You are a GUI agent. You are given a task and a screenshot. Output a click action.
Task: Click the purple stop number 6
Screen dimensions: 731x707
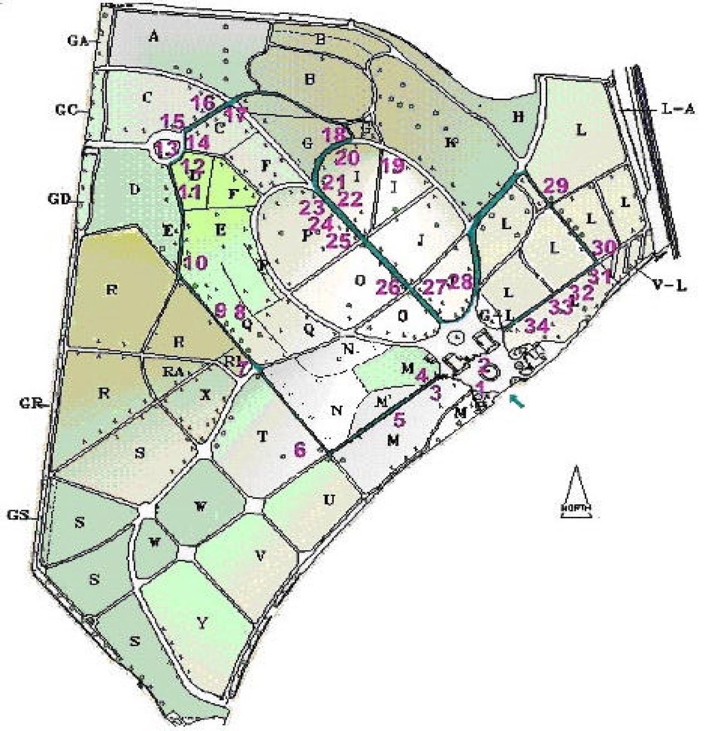pyautogui.click(x=300, y=449)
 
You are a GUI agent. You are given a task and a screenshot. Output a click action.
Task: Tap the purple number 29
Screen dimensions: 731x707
pyautogui.click(x=555, y=186)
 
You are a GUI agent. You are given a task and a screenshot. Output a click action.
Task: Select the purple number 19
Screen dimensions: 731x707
pyautogui.click(x=393, y=165)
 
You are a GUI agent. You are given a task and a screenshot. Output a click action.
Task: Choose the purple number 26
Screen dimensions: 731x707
pyautogui.click(x=388, y=287)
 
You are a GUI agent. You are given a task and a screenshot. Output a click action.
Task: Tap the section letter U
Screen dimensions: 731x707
pyautogui.click(x=329, y=500)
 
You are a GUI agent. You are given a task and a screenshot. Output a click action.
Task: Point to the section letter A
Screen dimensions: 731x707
pyautogui.click(x=154, y=37)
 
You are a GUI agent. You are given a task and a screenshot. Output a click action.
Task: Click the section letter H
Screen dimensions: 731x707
pyautogui.click(x=518, y=117)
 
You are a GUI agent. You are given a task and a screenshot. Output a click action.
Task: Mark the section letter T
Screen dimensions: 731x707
pyautogui.click(x=263, y=437)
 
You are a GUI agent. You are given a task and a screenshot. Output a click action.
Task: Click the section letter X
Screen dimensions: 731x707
pyautogui.click(x=206, y=395)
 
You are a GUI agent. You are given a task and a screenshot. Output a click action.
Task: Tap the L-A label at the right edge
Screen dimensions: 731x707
pyautogui.click(x=678, y=110)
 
